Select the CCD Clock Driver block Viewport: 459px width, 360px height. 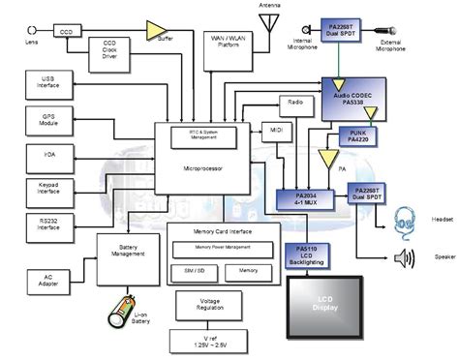pos(112,51)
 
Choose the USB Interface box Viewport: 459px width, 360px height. pos(49,83)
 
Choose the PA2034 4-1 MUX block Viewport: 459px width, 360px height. pos(299,203)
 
